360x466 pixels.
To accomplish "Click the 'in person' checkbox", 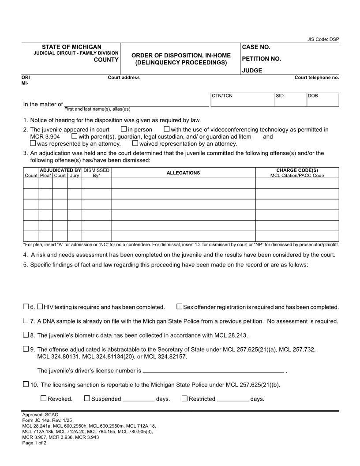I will point(124,129).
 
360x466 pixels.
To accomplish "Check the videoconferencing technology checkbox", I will point(166,129).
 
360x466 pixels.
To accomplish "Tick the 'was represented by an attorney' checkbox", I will point(33,143).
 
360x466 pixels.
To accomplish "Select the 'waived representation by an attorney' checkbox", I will point(135,143).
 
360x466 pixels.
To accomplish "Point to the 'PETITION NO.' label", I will point(261,59).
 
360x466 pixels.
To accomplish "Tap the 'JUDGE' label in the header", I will point(252,70).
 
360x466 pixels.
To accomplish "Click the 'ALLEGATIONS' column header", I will point(183,173).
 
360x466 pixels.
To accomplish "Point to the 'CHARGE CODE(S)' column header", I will point(297,170).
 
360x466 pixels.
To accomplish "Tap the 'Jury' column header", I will point(74,175).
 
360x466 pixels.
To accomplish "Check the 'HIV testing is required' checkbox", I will point(40,306).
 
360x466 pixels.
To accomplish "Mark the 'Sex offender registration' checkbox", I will point(179,306).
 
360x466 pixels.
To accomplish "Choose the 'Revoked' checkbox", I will point(43,398).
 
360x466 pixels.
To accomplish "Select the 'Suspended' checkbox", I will point(87,398).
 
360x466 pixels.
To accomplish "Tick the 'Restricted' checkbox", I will point(184,398).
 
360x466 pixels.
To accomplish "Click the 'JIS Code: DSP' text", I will point(323,39).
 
